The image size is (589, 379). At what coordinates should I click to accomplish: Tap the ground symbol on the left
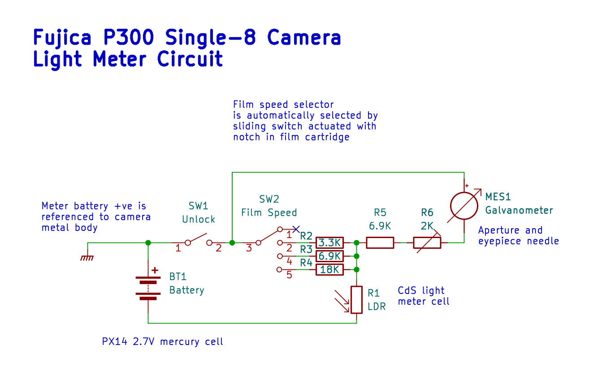point(87,258)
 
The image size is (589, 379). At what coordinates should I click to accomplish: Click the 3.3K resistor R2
point(329,243)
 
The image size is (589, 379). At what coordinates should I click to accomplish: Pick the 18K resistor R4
point(329,270)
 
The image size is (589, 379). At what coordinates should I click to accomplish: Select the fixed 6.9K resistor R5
point(380,243)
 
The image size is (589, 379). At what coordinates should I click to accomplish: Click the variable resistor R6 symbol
point(427,243)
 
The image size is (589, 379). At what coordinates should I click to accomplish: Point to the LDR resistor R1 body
point(356,300)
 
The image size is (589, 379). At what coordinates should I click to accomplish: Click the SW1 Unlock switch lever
point(198,238)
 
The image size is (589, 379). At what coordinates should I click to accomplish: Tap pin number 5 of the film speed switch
point(289,275)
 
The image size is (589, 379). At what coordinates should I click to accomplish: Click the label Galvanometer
point(519,210)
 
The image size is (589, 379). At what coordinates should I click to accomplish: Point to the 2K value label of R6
point(427,226)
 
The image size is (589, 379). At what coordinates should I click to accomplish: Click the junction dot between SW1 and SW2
point(232,243)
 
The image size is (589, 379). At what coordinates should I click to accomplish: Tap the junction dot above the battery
point(148,243)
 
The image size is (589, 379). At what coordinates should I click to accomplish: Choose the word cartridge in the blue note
point(328,137)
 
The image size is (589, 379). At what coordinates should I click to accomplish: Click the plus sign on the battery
point(155,270)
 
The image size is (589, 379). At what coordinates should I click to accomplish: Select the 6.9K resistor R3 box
point(329,256)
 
